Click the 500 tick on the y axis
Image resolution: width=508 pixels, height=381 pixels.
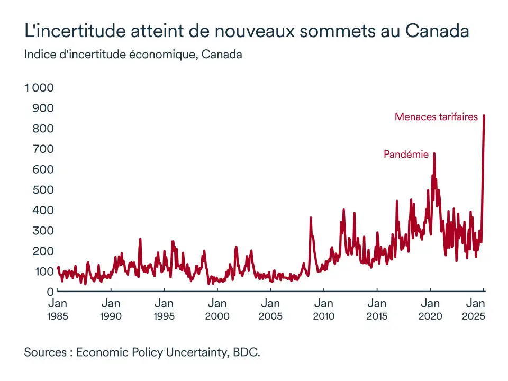point(44,189)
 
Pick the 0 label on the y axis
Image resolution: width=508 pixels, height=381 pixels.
point(50,292)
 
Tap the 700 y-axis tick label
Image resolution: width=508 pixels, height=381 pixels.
point(44,149)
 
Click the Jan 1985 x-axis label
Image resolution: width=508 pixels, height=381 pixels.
point(58,310)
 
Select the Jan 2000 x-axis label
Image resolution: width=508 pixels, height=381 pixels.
point(217,310)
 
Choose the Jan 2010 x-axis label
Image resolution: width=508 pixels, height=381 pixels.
point(323,310)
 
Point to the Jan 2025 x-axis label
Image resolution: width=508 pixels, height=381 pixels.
point(475,310)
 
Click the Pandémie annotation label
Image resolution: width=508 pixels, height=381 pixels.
point(406,155)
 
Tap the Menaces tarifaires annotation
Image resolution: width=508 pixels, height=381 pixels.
point(436,117)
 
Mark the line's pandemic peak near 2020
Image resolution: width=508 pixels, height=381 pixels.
point(434,154)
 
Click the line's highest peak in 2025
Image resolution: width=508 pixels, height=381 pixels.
point(484,116)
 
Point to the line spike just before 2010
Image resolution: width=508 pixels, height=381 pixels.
point(311,217)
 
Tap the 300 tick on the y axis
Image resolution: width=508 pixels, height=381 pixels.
point(44,230)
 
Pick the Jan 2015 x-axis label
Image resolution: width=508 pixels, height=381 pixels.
point(377,310)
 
